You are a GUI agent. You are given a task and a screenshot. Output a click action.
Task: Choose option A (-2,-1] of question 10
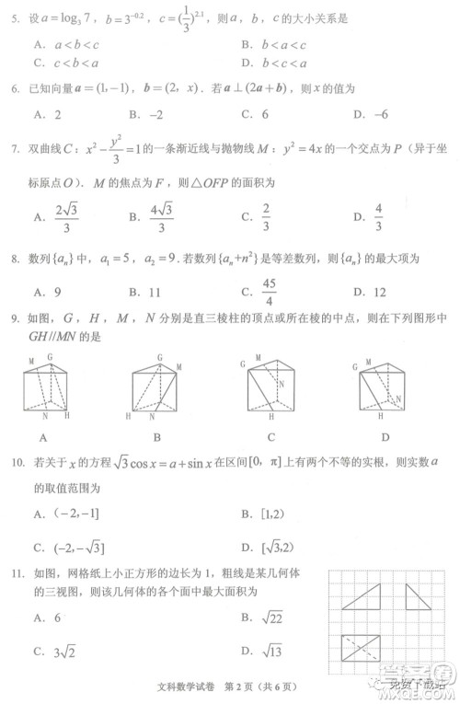click(x=68, y=514)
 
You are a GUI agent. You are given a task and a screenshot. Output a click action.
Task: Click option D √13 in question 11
click(x=266, y=652)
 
